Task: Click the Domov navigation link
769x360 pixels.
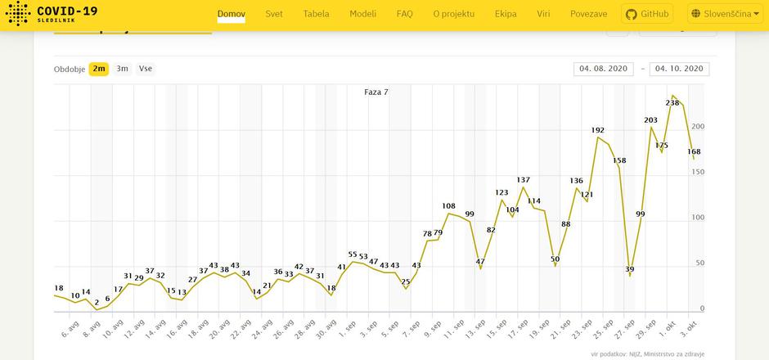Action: coord(232,14)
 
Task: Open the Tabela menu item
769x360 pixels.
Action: coord(316,14)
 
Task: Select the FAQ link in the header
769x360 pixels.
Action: coord(404,14)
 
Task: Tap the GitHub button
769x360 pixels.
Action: coord(646,14)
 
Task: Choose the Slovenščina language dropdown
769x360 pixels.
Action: coord(725,14)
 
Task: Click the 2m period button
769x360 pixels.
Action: coord(99,69)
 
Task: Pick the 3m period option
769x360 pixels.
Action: coord(122,69)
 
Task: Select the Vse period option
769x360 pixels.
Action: coord(145,69)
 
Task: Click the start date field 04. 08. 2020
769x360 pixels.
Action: coord(604,69)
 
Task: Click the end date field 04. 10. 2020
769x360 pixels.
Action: coord(679,69)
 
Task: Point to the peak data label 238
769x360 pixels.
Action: coord(672,103)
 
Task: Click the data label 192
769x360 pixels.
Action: coord(598,131)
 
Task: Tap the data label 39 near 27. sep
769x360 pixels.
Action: coord(629,269)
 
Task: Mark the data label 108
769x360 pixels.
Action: coord(448,206)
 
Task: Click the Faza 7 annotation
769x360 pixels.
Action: coord(376,92)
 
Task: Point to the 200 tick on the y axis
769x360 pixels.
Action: coord(697,127)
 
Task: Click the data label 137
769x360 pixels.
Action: coord(524,180)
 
